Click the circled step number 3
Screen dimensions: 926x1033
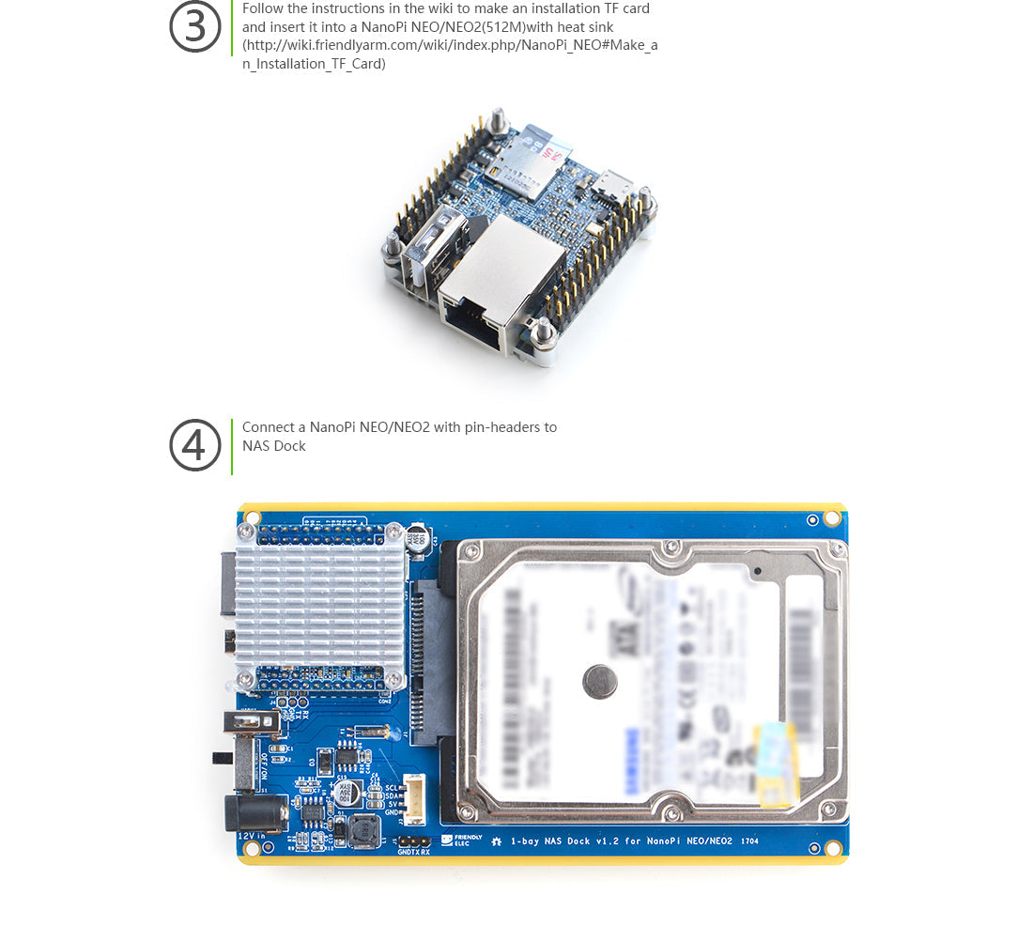point(194,27)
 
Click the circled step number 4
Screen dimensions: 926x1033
point(194,445)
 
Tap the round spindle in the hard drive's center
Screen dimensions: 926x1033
point(599,682)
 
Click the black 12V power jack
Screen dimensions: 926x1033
point(254,811)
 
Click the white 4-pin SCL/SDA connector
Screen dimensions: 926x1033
point(415,799)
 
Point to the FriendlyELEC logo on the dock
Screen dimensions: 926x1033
point(467,840)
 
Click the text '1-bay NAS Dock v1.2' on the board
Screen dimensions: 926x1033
point(563,841)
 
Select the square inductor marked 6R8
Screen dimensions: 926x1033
point(361,829)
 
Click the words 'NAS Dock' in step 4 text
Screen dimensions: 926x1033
point(274,446)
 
